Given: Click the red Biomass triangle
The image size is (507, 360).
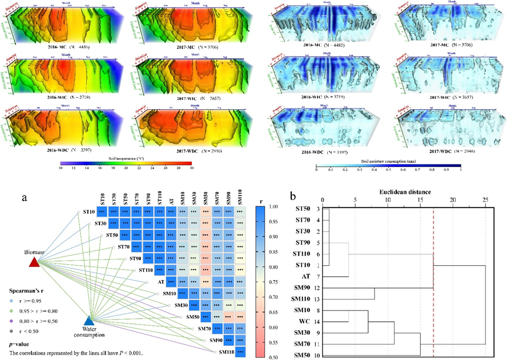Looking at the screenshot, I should point(34,262).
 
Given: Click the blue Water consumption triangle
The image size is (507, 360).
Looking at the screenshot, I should point(88,321).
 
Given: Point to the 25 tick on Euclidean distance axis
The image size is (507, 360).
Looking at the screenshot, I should point(485,200).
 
